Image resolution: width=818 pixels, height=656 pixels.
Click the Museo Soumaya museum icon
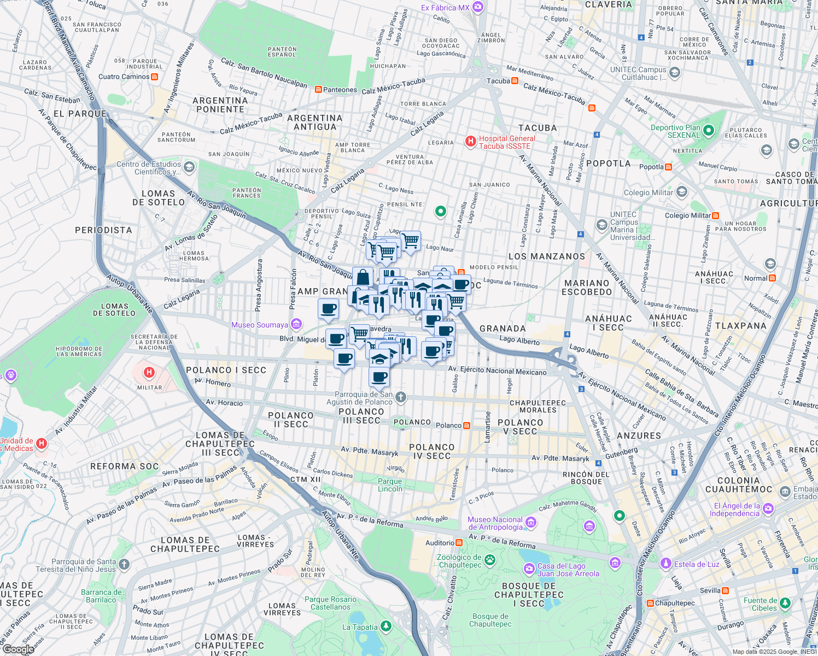pyautogui.click(x=296, y=325)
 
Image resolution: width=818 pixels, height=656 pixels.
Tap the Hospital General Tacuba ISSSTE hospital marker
pyautogui.click(x=470, y=142)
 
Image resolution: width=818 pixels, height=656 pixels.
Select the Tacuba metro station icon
pyautogui.click(x=515, y=81)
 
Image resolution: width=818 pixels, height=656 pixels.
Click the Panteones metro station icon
pyautogui.click(x=318, y=90)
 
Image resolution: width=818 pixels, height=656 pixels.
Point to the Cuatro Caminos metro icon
pyautogui.click(x=155, y=77)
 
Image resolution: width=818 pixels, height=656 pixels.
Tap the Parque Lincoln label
pyautogui.click(x=390, y=485)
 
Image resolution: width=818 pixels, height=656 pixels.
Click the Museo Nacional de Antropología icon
pyautogui.click(x=530, y=523)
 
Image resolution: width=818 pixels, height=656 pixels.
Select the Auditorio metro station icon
pyautogui.click(x=459, y=543)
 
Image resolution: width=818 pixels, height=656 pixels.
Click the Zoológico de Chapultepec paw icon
pyautogui.click(x=490, y=559)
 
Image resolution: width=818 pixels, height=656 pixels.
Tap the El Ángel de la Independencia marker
pyautogui.click(x=768, y=509)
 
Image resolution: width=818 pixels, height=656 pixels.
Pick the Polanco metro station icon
pyautogui.click(x=466, y=425)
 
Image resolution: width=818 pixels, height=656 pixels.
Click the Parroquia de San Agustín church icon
pyautogui.click(x=401, y=397)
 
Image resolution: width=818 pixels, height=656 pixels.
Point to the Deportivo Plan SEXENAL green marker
pyautogui.click(x=709, y=131)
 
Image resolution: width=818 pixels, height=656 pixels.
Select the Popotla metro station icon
pyautogui.click(x=668, y=167)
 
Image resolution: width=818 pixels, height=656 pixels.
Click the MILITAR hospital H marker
pyautogui.click(x=149, y=373)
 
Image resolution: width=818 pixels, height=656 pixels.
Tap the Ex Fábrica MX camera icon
pyautogui.click(x=478, y=7)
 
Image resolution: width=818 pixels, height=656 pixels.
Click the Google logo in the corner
pyautogui.click(x=18, y=649)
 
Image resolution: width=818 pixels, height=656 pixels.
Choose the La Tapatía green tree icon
pyautogui.click(x=386, y=626)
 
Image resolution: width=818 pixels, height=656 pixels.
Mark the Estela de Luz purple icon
pyautogui.click(x=665, y=563)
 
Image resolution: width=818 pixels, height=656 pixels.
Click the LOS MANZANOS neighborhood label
pyautogui.click(x=547, y=256)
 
